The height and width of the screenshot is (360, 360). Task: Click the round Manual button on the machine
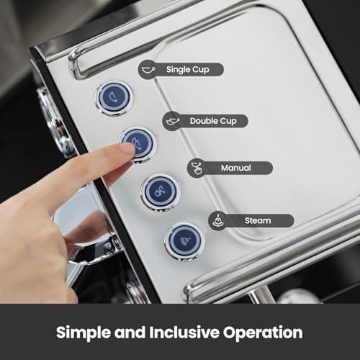click(160, 192)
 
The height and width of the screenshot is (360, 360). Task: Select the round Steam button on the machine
click(184, 240)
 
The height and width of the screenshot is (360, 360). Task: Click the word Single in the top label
click(178, 70)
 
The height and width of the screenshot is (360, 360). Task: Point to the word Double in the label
click(204, 121)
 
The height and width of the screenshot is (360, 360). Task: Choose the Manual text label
click(236, 168)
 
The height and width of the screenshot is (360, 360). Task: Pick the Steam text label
click(256, 220)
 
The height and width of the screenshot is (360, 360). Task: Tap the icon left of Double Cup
click(173, 120)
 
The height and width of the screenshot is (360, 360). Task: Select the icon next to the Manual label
click(196, 168)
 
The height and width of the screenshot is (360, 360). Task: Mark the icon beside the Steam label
click(218, 220)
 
